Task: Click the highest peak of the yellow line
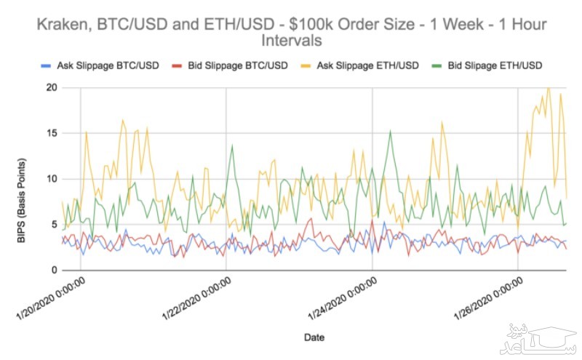548,88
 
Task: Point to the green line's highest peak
391,131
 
